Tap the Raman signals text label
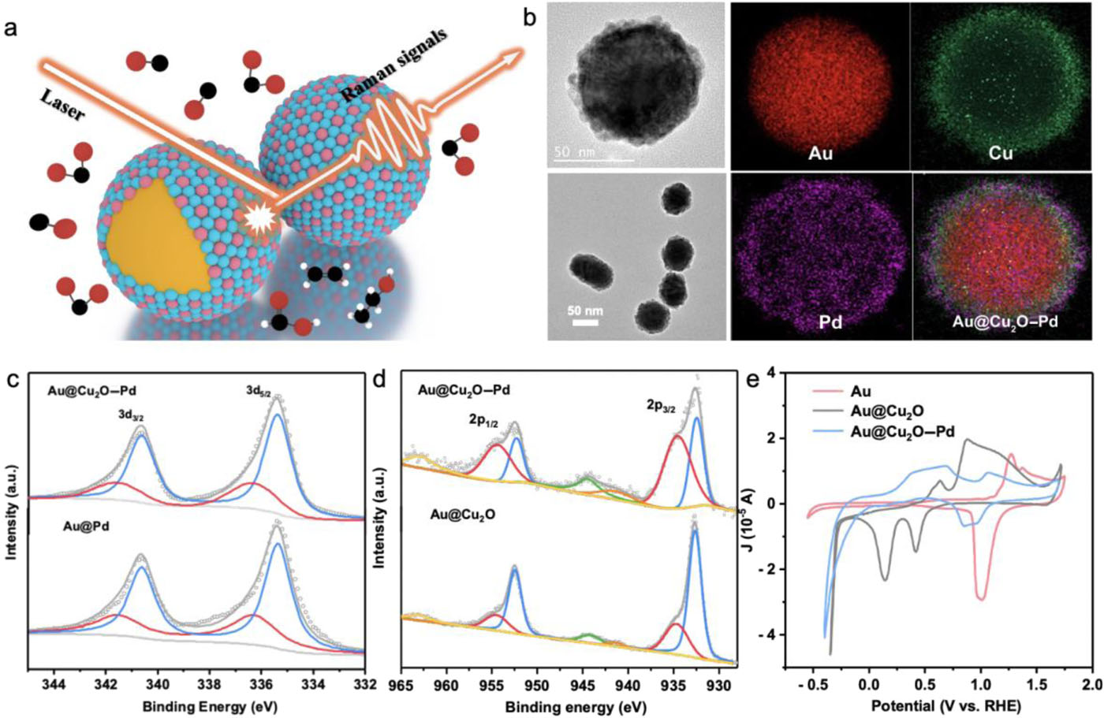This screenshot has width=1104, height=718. click(x=394, y=67)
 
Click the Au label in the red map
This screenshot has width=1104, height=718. click(x=820, y=153)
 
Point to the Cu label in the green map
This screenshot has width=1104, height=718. click(x=1001, y=153)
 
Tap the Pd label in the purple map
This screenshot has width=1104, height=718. click(x=830, y=322)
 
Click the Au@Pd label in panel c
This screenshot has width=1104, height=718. click(x=85, y=526)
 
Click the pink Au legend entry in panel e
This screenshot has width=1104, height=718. click(x=862, y=390)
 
